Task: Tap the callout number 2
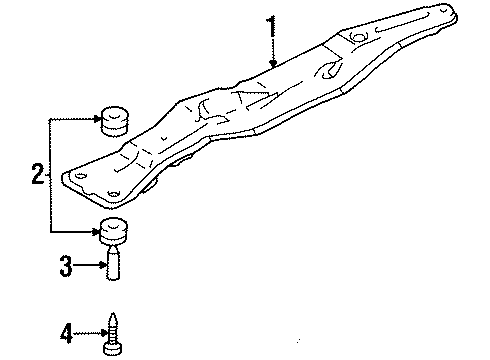pyautogui.click(x=38, y=175)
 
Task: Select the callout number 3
pyautogui.click(x=65, y=265)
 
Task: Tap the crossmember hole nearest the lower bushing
pyautogui.click(x=113, y=193)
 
